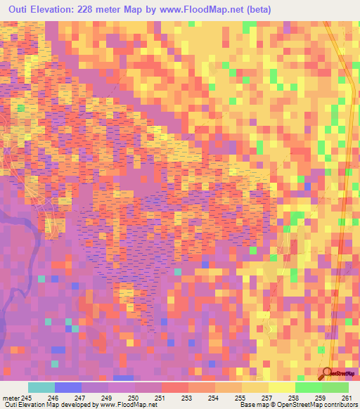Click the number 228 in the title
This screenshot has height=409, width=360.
93,9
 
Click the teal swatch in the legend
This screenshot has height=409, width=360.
41,387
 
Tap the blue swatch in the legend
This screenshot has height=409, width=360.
67,387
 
